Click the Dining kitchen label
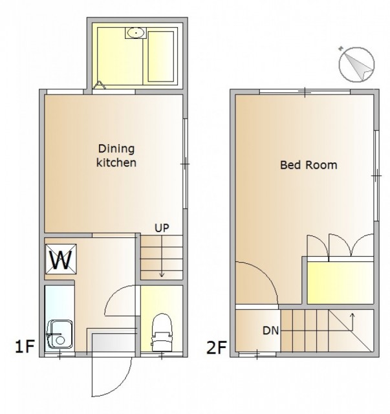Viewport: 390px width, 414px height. [116, 156]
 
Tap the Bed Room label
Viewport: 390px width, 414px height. [309, 165]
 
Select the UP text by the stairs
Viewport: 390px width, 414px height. [162, 228]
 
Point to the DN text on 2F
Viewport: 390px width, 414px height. [270, 331]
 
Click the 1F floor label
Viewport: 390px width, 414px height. [25, 347]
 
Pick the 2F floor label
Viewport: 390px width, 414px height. [216, 347]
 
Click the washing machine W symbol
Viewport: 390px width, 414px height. [61, 259]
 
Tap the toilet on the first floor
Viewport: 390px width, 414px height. [161, 332]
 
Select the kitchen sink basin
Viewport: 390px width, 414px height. [60, 335]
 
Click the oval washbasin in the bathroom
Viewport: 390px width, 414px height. [136, 33]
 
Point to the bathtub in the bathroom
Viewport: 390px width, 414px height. [161, 56]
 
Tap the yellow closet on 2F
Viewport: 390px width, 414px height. [341, 283]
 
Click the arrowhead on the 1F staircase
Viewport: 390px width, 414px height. [162, 275]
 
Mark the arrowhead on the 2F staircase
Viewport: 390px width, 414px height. [352, 314]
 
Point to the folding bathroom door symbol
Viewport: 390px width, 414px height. [100, 85]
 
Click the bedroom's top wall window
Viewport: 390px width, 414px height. [305, 92]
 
